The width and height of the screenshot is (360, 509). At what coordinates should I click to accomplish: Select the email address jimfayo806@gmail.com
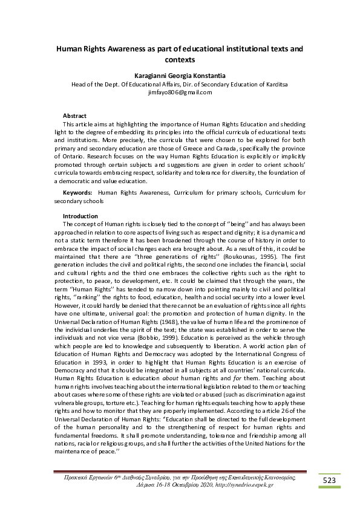pos(180,92)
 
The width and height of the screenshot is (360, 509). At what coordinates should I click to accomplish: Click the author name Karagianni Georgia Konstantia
pos(180,76)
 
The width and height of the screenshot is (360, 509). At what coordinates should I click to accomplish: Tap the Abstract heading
pos(74,115)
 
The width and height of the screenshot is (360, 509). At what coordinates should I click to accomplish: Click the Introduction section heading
pos(80,216)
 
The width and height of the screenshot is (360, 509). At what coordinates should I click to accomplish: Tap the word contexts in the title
pos(180,60)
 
